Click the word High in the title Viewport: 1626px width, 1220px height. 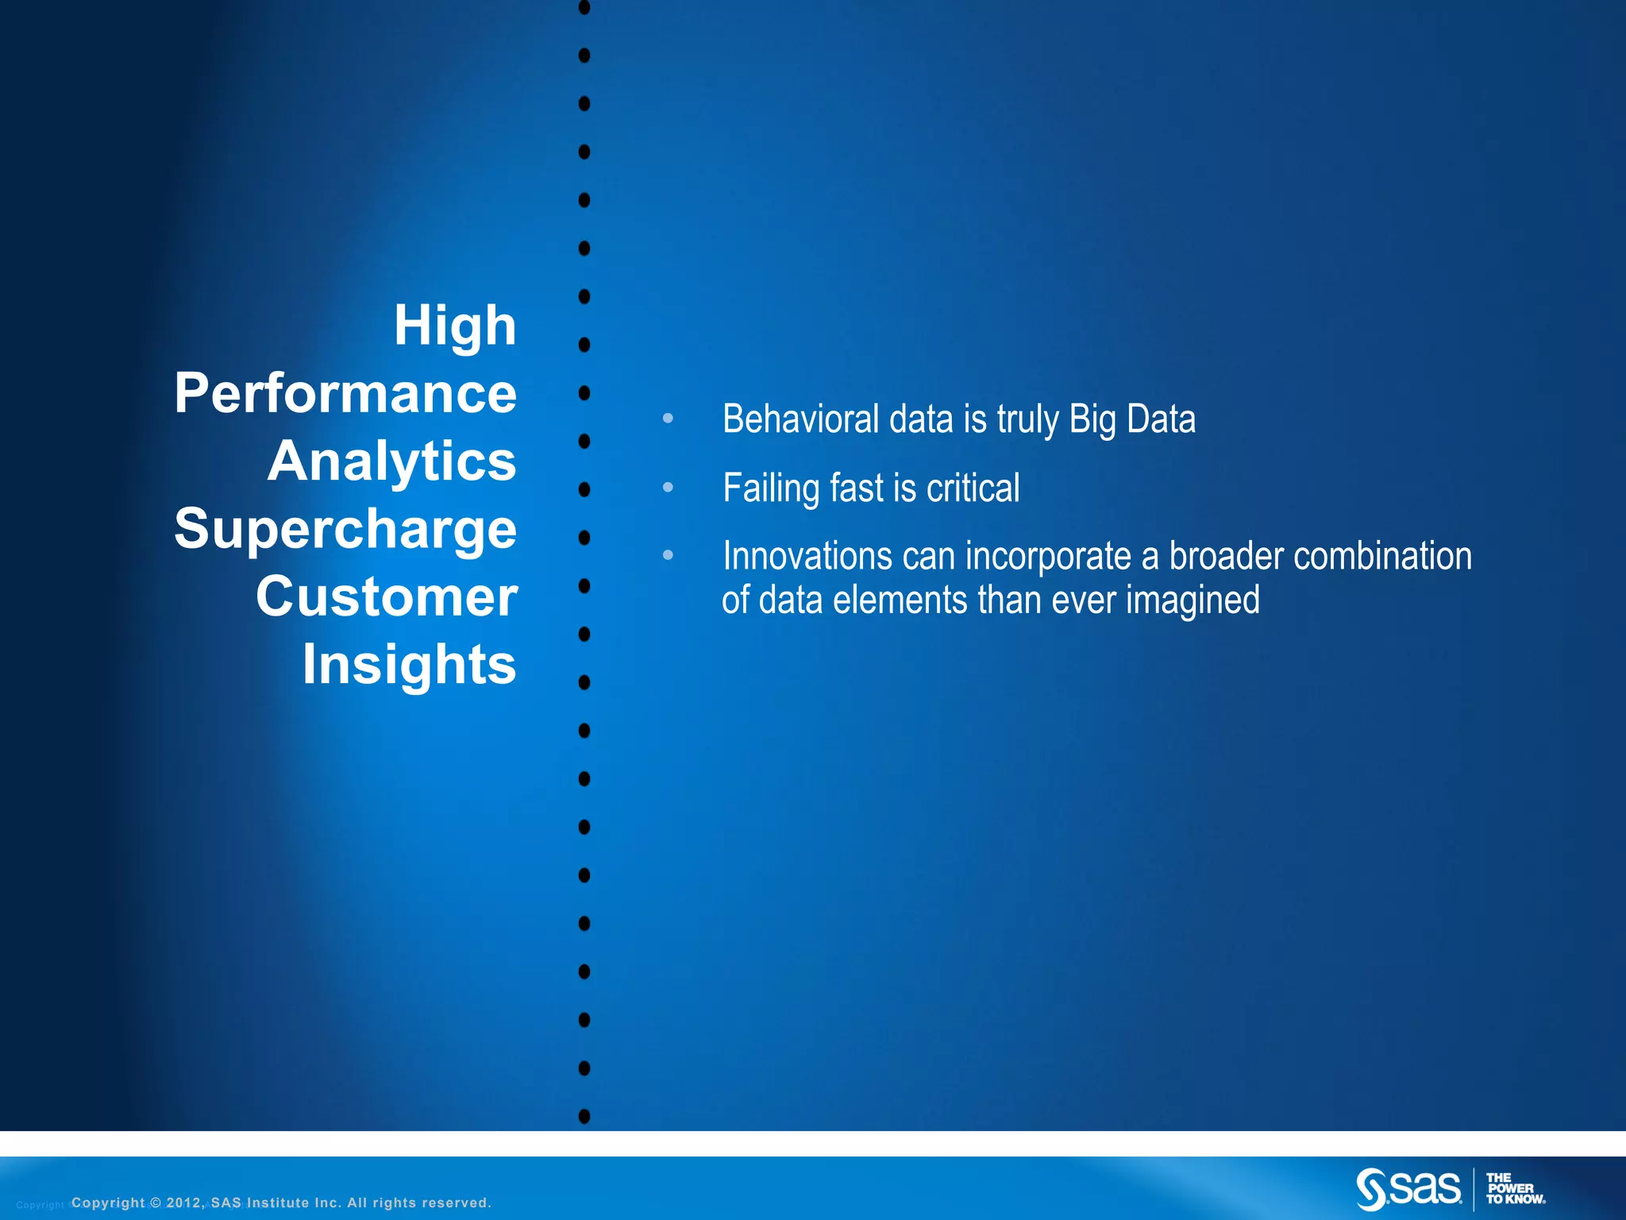pyautogui.click(x=455, y=326)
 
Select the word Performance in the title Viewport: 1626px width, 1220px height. pyautogui.click(x=345, y=394)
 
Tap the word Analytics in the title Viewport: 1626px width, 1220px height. pyautogui.click(x=392, y=461)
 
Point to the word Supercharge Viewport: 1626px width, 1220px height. pyautogui.click(x=345, y=530)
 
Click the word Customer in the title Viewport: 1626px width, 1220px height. pyautogui.click(x=387, y=597)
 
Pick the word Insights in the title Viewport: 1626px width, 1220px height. pyautogui.click(x=409, y=665)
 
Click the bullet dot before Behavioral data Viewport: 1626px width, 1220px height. pyautogui.click(x=668, y=418)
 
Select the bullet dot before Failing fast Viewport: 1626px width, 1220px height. pyautogui.click(x=668, y=487)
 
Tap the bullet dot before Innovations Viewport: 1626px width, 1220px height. pyautogui.click(x=668, y=555)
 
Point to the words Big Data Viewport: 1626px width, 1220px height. pyautogui.click(x=1131, y=419)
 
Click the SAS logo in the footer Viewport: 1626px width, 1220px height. pyautogui.click(x=1408, y=1188)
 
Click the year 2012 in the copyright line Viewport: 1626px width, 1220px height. pyautogui.click(x=184, y=1203)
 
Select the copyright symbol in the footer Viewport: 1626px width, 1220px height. pyautogui.click(x=156, y=1203)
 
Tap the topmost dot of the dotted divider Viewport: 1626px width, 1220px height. pyautogui.click(x=584, y=8)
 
